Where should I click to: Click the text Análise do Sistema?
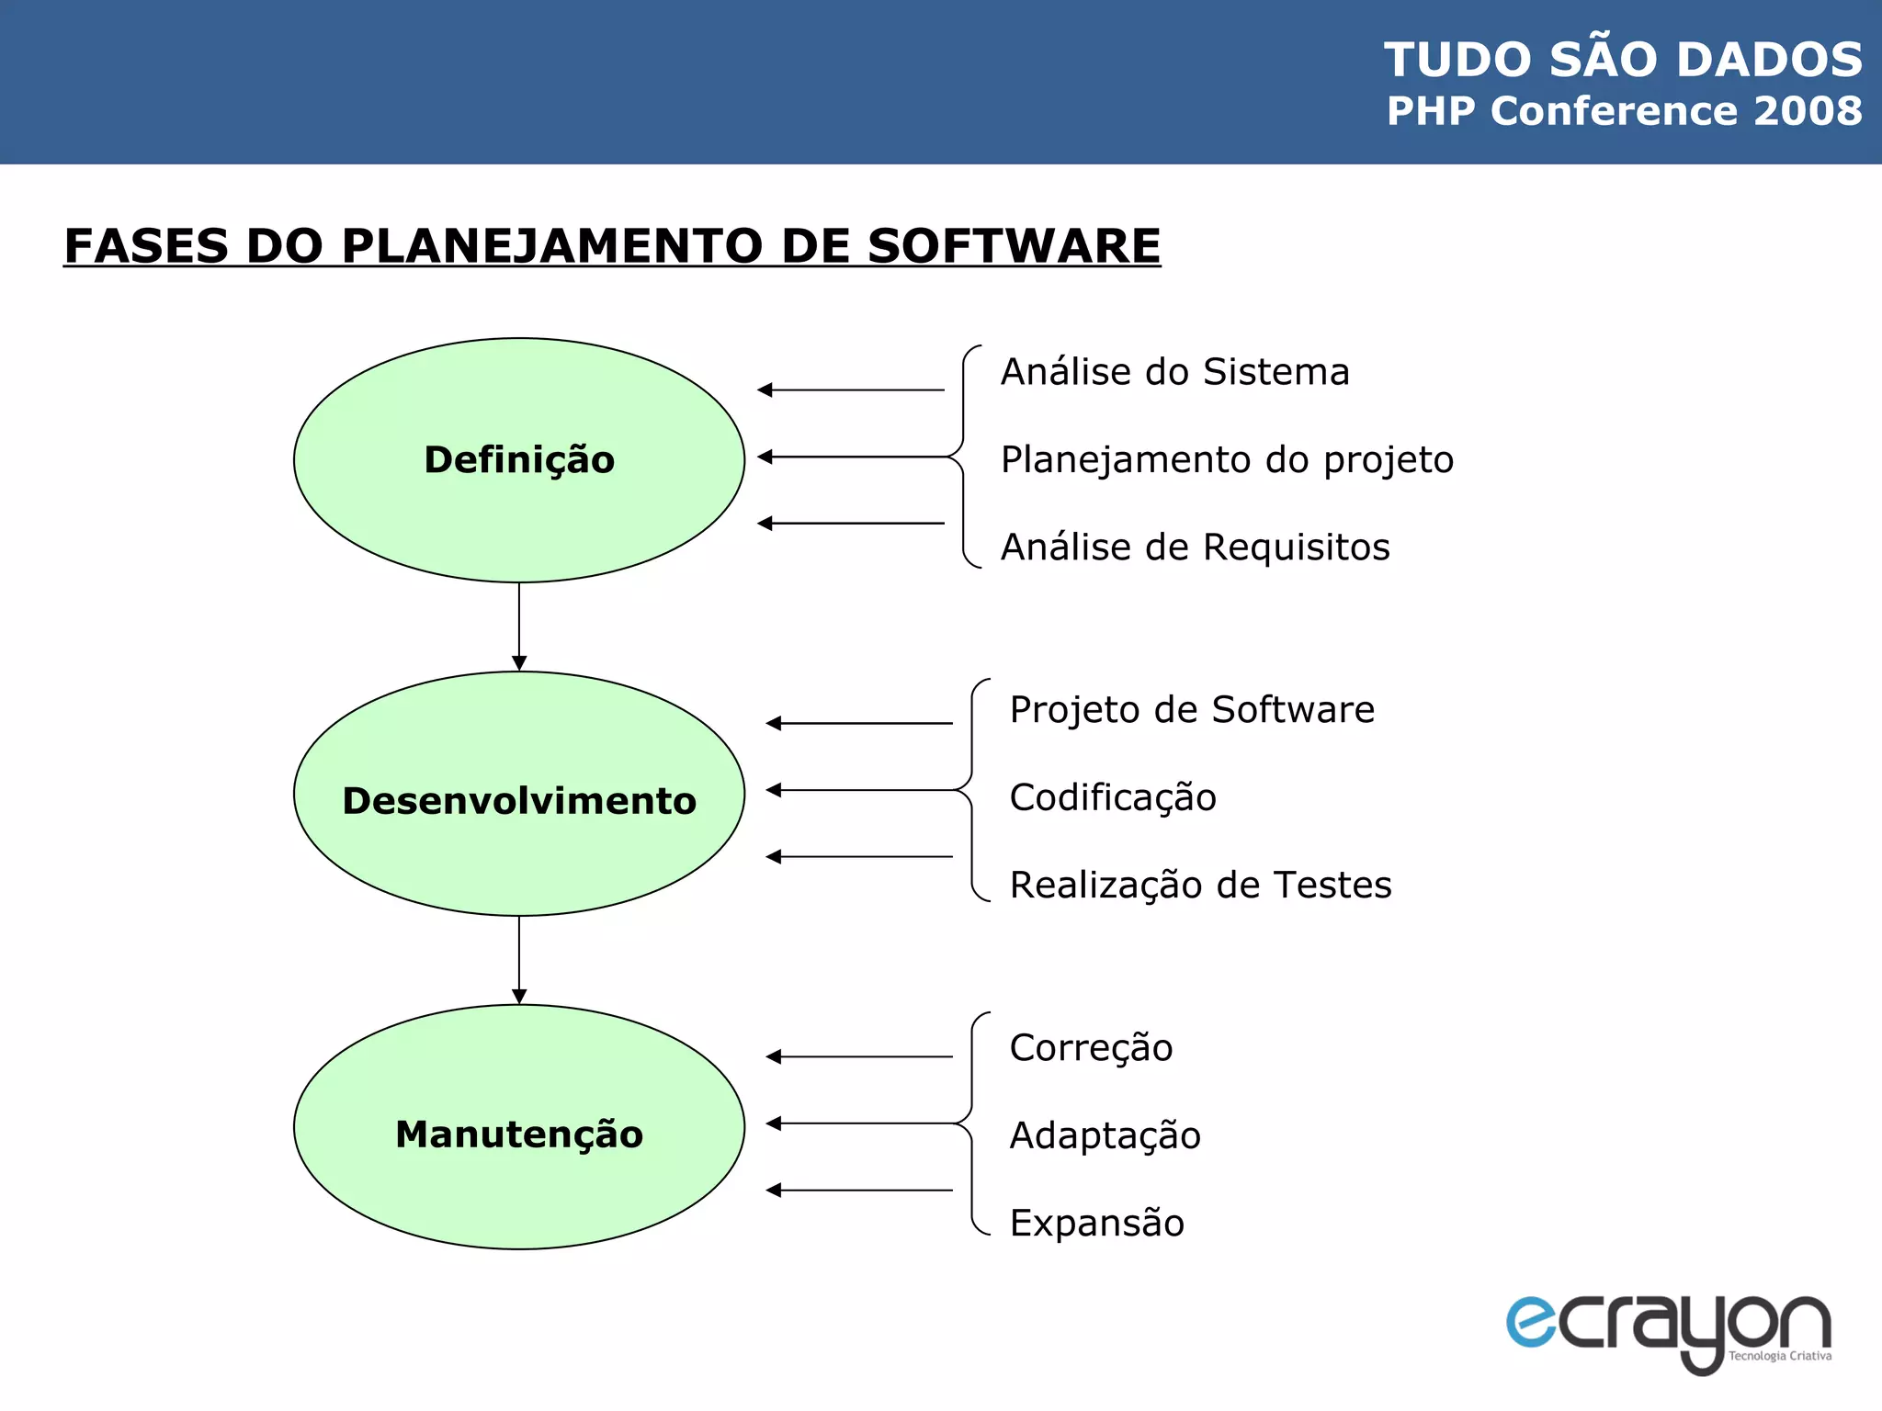1174,372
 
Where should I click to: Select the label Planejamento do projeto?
1227,460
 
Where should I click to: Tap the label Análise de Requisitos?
1195,547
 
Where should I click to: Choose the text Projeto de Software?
1192,710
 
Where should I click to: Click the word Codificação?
1113,797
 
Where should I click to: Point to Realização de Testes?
1200,886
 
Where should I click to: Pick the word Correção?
1091,1048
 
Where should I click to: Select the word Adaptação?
1105,1136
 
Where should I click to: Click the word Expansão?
1096,1224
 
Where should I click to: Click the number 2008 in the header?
1808,111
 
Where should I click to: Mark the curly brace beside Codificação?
972,790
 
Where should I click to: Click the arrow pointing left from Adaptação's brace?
859,1123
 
